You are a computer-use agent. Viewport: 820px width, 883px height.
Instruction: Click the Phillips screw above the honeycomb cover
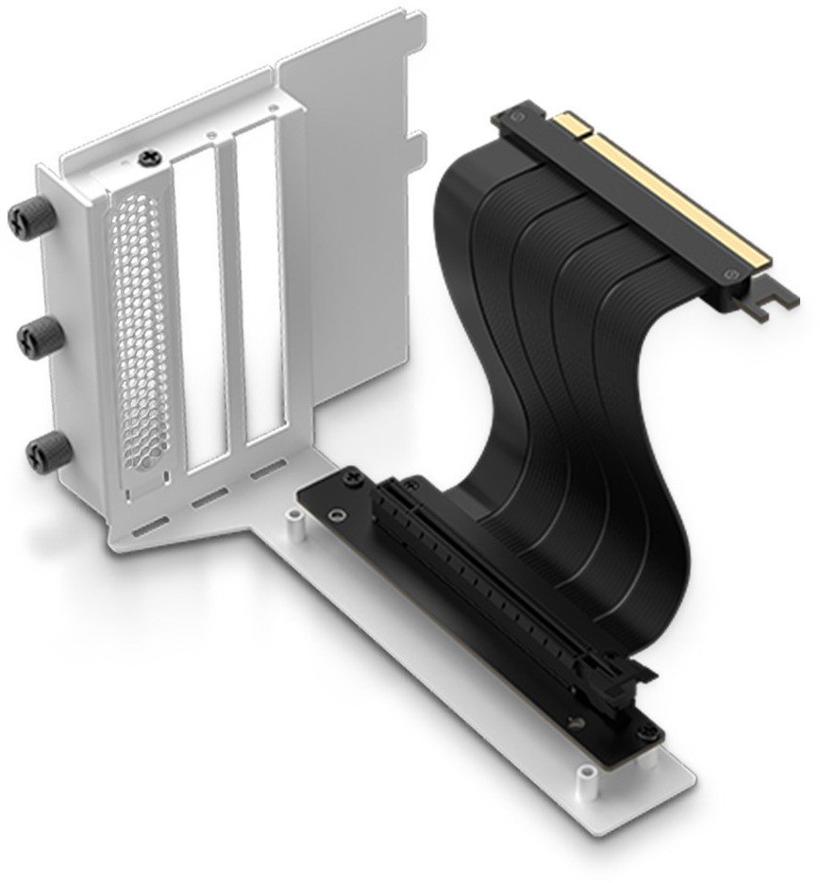(148, 161)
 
